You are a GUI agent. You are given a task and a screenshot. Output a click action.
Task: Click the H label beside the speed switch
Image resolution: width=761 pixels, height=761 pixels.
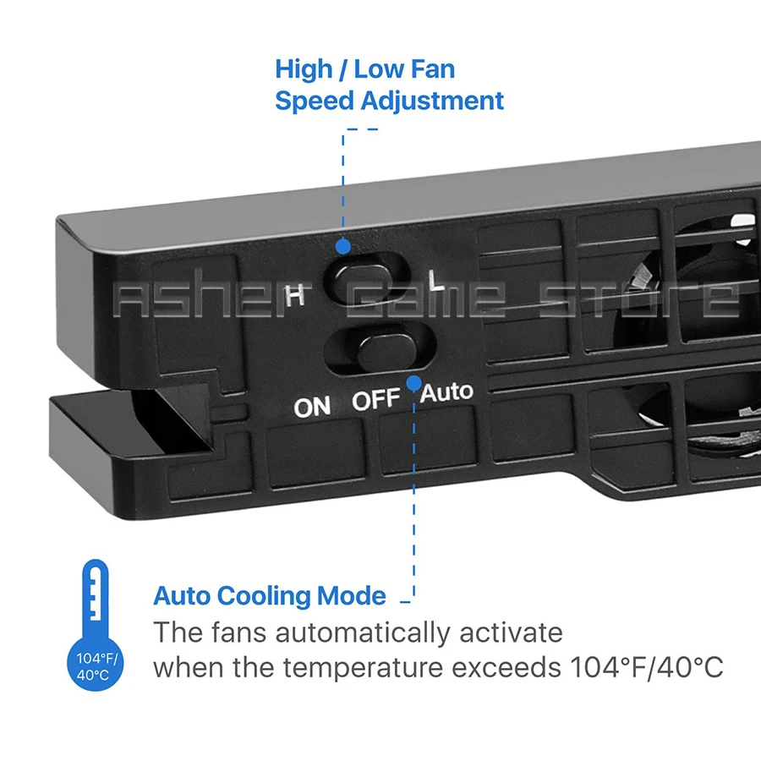(294, 295)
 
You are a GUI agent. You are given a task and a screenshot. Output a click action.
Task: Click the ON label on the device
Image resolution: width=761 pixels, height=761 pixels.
(312, 407)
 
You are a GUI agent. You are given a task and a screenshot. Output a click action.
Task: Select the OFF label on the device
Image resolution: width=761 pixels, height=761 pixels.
(375, 400)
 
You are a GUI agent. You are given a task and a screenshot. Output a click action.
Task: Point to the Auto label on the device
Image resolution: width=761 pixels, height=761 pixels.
(447, 391)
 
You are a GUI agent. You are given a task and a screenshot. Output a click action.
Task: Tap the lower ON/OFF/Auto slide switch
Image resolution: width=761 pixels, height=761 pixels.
(381, 348)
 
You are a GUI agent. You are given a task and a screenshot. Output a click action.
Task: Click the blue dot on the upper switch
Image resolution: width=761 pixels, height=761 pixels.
(342, 246)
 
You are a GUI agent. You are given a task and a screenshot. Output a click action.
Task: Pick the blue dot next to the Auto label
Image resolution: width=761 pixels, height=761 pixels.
(413, 383)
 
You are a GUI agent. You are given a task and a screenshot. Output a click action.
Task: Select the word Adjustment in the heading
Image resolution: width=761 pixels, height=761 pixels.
(432, 101)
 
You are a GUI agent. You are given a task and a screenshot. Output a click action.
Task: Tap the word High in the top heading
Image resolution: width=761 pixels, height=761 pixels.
(304, 68)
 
